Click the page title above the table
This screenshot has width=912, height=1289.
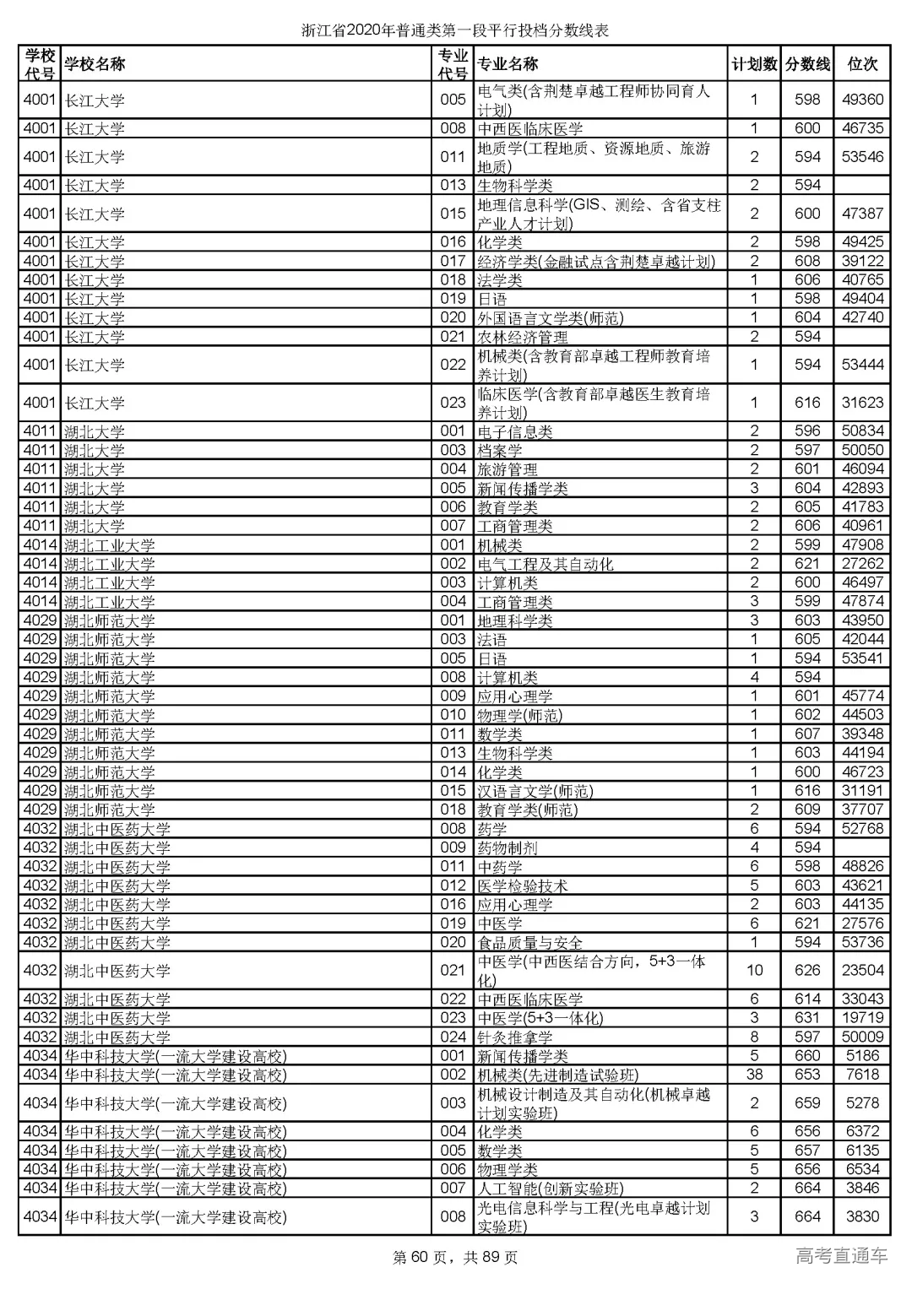point(455,31)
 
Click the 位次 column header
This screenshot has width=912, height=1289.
point(862,64)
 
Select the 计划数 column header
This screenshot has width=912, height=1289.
point(754,64)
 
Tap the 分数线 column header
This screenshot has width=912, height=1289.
point(807,64)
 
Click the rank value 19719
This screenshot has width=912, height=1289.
point(862,1018)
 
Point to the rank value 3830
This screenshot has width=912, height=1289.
point(862,1216)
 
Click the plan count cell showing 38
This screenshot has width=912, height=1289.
point(754,1075)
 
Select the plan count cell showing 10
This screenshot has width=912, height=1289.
point(754,970)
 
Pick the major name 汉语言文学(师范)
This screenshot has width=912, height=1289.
point(535,791)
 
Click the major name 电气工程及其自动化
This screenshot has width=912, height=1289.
point(545,564)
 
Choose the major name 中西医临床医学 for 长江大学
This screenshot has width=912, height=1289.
point(529,128)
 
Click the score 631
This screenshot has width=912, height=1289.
point(807,1018)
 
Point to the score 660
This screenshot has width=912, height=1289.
point(807,1055)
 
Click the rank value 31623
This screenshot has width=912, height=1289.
point(862,403)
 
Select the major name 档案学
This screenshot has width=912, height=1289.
point(499,451)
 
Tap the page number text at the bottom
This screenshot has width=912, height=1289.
point(455,1258)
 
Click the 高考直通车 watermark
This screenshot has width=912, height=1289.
point(841,1256)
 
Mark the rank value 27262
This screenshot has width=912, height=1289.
point(862,564)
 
